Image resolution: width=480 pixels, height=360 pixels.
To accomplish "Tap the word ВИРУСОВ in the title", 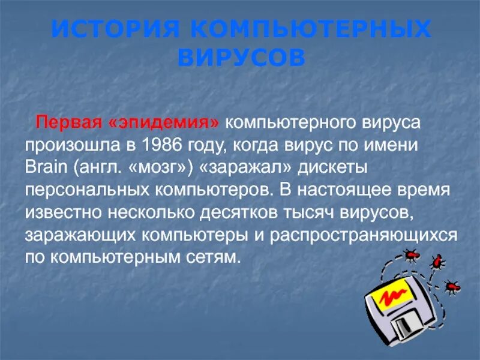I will pos(242,58).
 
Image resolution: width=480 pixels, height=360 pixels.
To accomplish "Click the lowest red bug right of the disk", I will pos(451,286).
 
